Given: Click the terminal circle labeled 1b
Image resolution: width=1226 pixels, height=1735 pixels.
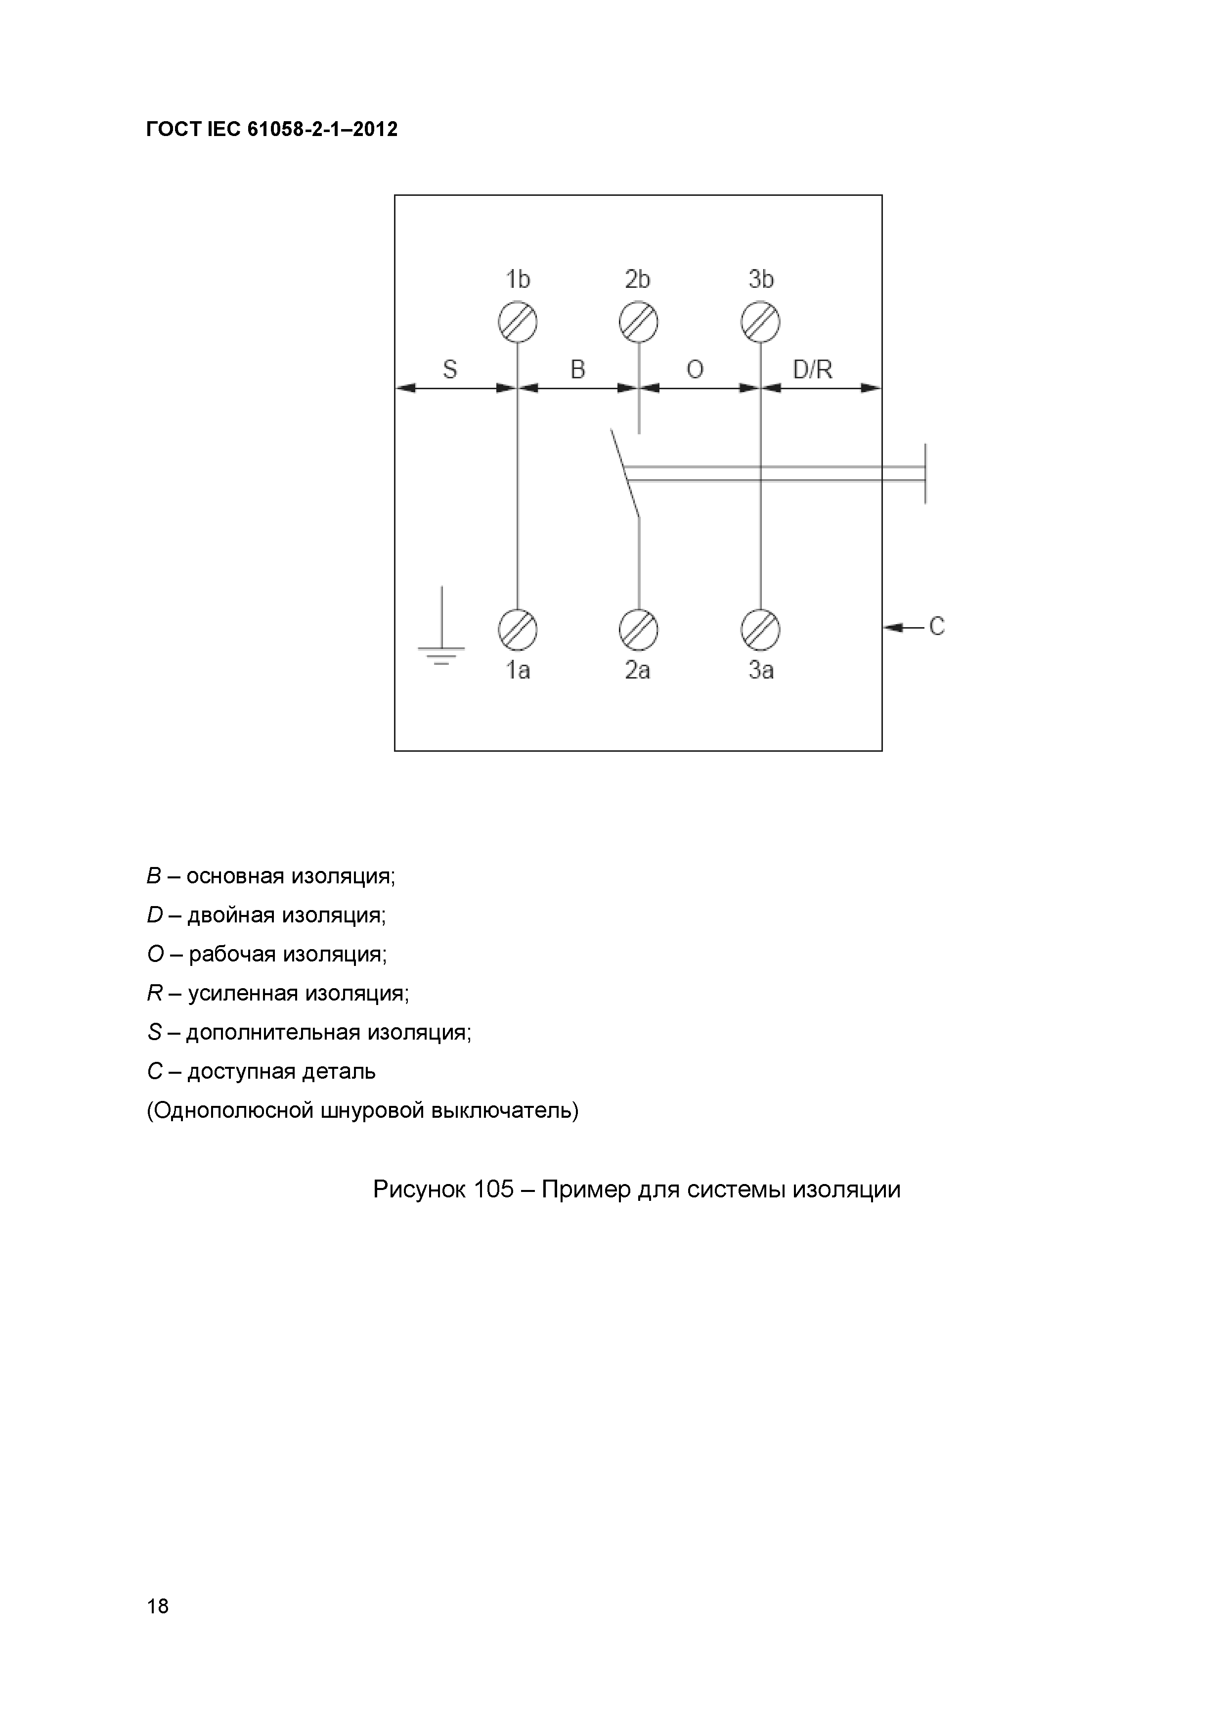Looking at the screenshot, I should [518, 322].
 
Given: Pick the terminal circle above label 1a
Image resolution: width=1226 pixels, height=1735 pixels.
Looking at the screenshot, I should [518, 630].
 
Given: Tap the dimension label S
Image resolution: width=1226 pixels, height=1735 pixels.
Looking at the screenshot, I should [449, 369].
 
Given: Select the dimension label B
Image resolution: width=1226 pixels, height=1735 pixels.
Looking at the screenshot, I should [578, 369].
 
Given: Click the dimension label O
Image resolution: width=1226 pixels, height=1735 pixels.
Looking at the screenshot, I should [695, 369].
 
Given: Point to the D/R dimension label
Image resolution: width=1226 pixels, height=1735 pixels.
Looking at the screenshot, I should [813, 369].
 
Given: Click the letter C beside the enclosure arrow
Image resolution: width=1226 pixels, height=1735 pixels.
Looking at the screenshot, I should [937, 627].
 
